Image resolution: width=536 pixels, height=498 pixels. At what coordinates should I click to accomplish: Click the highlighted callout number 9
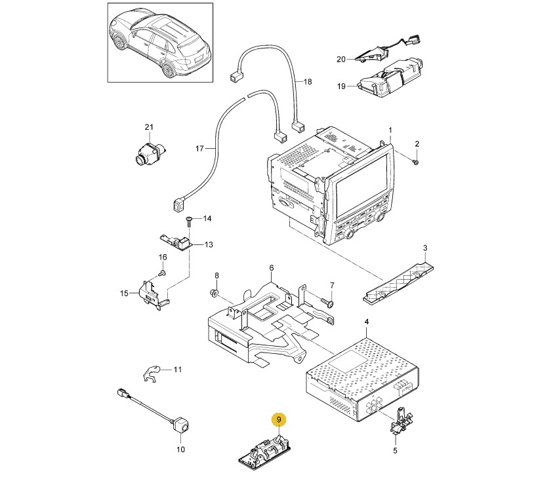coord(278,419)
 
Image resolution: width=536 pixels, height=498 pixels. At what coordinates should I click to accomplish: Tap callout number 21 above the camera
coord(148,126)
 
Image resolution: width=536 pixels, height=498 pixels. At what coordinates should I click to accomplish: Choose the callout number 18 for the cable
coord(308,82)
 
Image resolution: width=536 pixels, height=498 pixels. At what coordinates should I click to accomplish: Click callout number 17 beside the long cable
coord(201,149)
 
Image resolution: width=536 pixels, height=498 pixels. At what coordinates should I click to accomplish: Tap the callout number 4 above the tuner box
coord(367,321)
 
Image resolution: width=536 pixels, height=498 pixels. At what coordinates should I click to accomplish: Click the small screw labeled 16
coord(162,272)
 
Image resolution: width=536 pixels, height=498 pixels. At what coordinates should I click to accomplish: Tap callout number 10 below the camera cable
coord(181,450)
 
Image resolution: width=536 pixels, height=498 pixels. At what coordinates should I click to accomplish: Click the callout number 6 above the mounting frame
coord(271,268)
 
